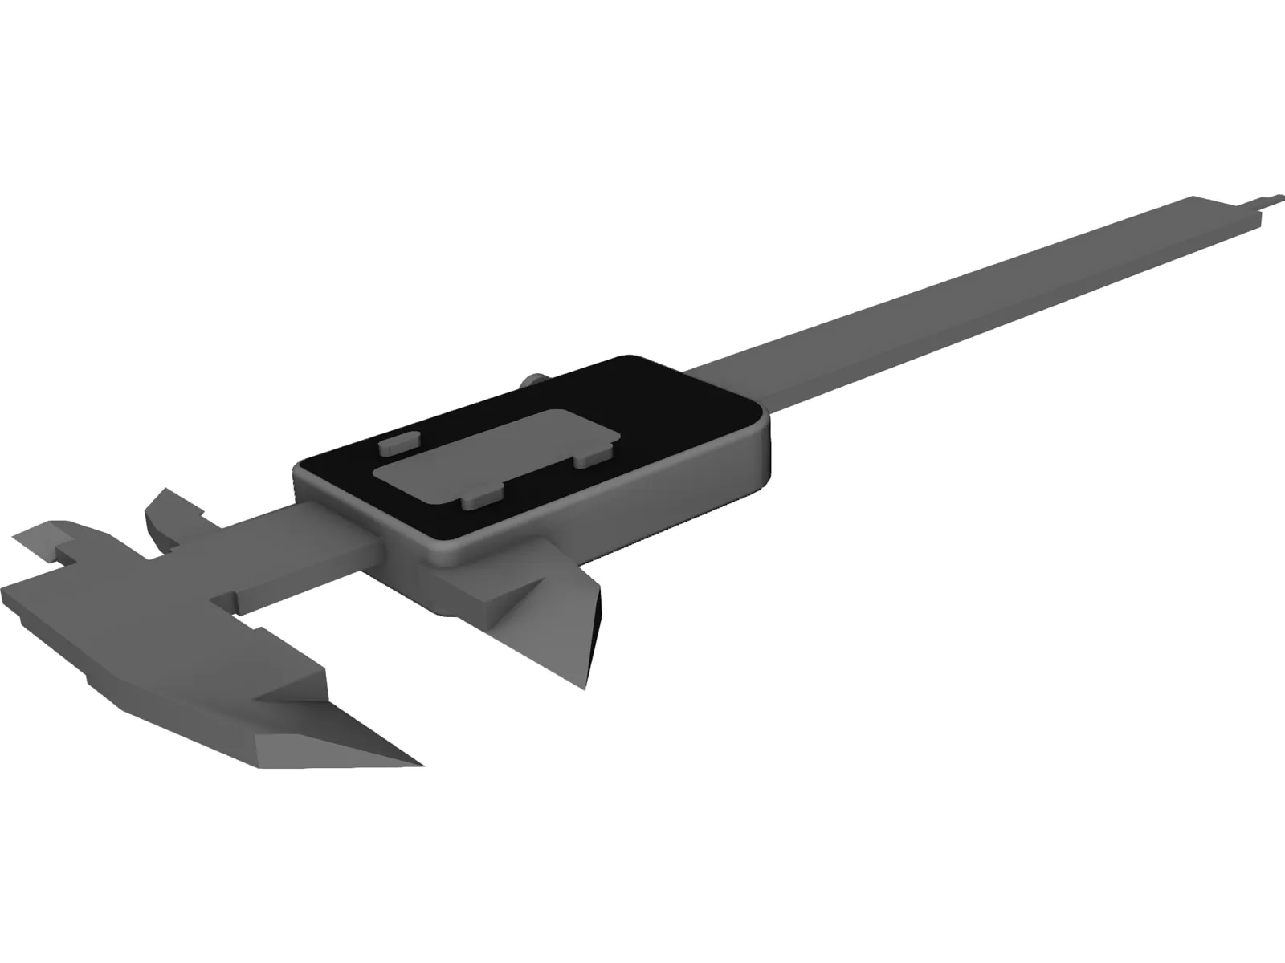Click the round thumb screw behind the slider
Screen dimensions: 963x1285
(x=533, y=381)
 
